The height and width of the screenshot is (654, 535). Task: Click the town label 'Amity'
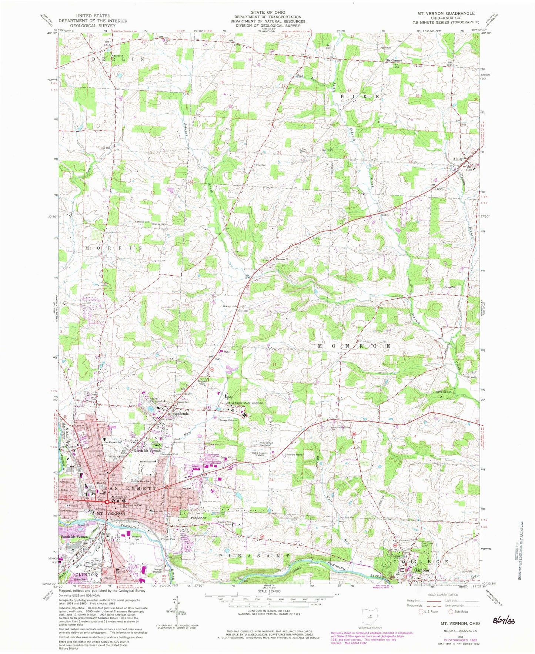click(458, 159)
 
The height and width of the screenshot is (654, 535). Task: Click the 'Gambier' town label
click(422, 570)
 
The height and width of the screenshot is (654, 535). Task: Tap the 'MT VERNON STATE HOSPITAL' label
click(245, 403)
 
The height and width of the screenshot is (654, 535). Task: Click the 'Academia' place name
click(179, 414)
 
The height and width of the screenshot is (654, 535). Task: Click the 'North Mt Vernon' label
click(147, 451)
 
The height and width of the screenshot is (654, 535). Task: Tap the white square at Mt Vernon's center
click(107, 502)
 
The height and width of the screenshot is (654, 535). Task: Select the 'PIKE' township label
click(360, 96)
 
